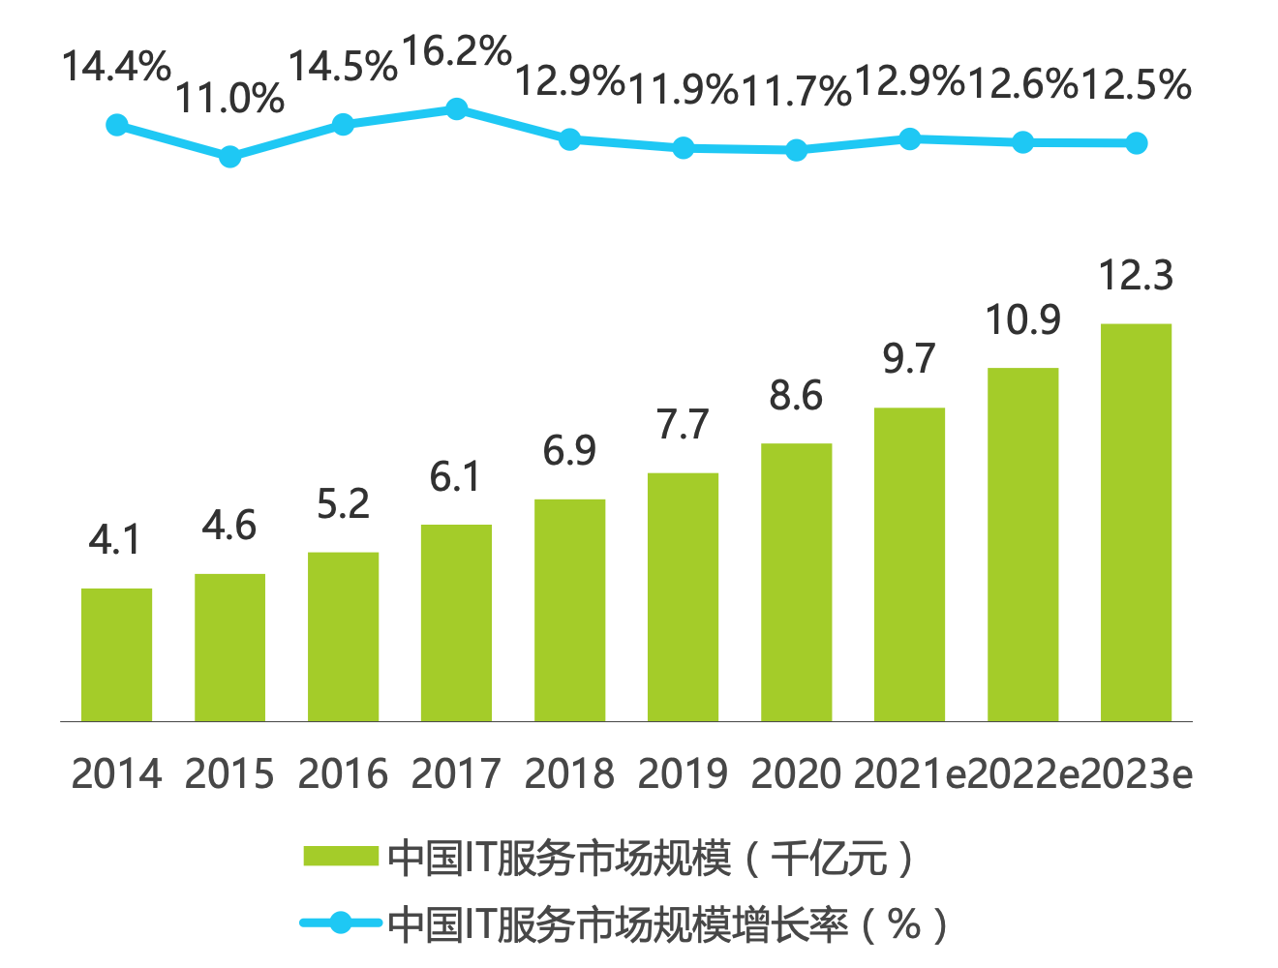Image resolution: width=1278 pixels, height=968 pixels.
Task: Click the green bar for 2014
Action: [x=116, y=654]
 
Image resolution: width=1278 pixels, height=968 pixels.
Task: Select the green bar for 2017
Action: [x=456, y=622]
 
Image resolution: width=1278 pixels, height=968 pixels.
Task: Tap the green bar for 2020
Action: [x=796, y=582]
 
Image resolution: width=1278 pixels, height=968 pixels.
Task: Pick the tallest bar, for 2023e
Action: [x=1136, y=523]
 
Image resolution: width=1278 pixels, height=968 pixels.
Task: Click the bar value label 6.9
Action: [x=569, y=451]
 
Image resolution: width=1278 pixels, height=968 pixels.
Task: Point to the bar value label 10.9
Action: [x=1022, y=320]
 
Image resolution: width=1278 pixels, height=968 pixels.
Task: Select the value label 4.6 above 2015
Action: [x=229, y=527]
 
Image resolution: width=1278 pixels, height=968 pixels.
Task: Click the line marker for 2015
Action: [x=229, y=157]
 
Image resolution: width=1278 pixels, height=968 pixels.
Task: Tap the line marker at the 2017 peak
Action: [x=456, y=109]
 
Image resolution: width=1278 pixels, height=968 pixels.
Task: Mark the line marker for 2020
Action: [x=796, y=150]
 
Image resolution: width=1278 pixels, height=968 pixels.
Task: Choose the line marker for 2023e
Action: [x=1137, y=143]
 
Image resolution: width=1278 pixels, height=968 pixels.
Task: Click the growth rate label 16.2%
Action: [x=456, y=51]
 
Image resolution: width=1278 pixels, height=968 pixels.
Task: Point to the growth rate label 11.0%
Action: [x=229, y=99]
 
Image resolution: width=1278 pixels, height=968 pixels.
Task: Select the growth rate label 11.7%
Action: [x=796, y=91]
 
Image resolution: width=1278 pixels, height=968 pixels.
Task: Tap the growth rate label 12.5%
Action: [x=1136, y=85]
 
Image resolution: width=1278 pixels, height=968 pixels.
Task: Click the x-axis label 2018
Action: [x=569, y=774]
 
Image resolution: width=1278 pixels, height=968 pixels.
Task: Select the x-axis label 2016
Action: [x=343, y=774]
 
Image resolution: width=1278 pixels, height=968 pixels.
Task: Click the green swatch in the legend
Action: [x=340, y=857]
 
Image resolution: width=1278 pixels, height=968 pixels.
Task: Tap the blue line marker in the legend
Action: [x=340, y=923]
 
